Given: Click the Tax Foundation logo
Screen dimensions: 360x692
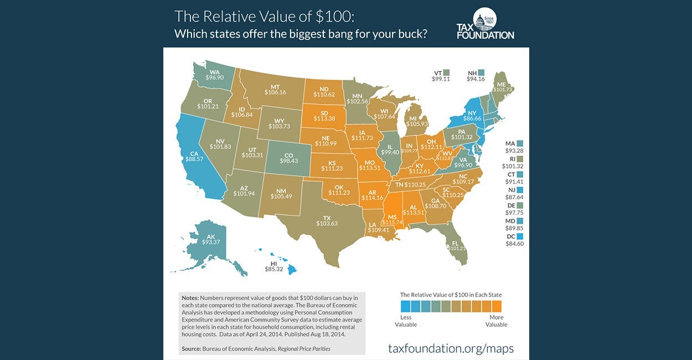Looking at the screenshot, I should [x=485, y=24].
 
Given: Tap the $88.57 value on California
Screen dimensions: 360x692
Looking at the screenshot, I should [x=194, y=158].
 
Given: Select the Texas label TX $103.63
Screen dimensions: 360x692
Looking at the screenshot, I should [x=327, y=219].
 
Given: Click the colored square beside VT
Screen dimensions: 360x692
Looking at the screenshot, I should [x=446, y=72].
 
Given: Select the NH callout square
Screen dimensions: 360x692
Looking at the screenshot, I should [x=481, y=72].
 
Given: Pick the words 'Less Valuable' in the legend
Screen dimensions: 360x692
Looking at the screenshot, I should [x=406, y=321].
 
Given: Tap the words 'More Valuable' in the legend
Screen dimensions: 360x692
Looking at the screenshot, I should [x=497, y=321].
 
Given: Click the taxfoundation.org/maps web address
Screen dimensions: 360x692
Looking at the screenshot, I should [x=451, y=348].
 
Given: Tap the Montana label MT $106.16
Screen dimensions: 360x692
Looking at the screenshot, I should [x=275, y=89].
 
